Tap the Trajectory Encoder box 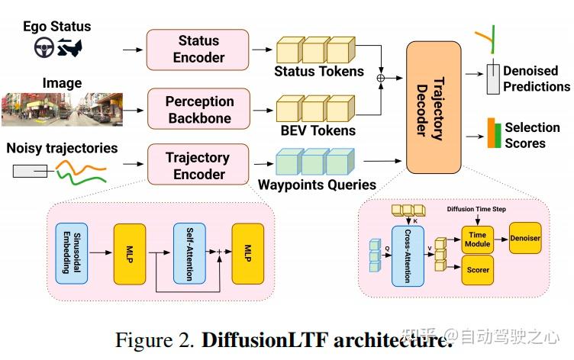point(197,166)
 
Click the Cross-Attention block point(407,256)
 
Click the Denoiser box point(525,239)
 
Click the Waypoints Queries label point(317,185)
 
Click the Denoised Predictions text point(536,79)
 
